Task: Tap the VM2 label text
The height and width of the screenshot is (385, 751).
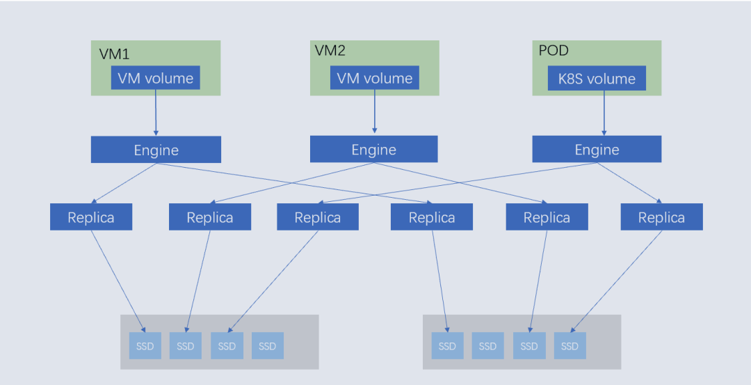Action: click(x=330, y=51)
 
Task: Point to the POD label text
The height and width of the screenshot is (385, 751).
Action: click(x=554, y=51)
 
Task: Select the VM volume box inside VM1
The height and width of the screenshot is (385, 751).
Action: click(x=155, y=78)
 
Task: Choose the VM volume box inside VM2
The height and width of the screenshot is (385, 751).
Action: click(x=375, y=78)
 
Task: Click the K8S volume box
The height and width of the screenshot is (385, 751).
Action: click(x=597, y=79)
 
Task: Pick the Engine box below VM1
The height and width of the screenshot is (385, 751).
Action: click(x=156, y=150)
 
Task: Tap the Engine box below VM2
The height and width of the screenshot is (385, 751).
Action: click(x=373, y=150)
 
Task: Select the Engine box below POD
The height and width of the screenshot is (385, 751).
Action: click(x=597, y=150)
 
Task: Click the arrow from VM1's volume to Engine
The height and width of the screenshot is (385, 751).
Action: click(x=155, y=112)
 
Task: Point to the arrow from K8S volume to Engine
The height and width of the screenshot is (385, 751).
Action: click(x=604, y=112)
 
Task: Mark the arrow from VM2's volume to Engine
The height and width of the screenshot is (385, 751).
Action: click(x=375, y=111)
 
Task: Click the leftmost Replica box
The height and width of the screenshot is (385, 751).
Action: click(x=91, y=217)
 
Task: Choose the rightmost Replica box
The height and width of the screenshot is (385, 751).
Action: click(x=661, y=217)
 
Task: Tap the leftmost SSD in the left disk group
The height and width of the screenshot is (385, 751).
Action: click(x=145, y=346)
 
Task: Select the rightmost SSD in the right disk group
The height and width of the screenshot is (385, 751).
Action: click(x=570, y=346)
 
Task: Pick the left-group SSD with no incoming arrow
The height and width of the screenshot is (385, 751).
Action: click(x=267, y=346)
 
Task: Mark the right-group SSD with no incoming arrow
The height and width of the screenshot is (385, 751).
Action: click(x=487, y=346)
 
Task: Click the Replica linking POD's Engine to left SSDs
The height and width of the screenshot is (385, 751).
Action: click(x=318, y=217)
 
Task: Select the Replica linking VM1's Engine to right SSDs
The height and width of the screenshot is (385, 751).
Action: click(x=432, y=217)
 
